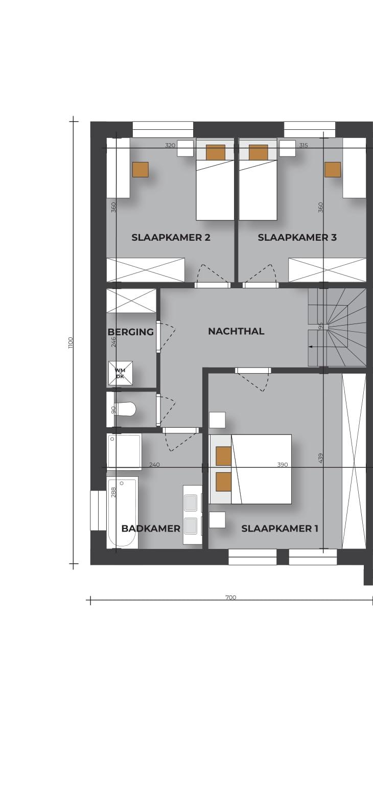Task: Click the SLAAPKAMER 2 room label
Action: [x=171, y=238]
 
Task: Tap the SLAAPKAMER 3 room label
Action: [x=297, y=238]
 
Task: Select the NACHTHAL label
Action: [x=236, y=331]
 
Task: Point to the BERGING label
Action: [x=131, y=332]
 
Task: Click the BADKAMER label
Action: [x=151, y=528]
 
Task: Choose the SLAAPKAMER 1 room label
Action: [x=279, y=528]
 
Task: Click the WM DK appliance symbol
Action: [x=121, y=373]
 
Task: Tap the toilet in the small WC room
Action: [x=124, y=409]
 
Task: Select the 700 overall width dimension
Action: [x=231, y=597]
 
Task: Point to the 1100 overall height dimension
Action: [x=71, y=342]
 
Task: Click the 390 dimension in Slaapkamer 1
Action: [x=283, y=465]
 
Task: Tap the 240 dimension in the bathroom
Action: [x=154, y=465]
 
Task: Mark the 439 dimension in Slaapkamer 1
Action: [x=321, y=457]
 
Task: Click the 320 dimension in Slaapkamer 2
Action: [x=170, y=146]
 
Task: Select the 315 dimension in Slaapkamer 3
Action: [x=304, y=146]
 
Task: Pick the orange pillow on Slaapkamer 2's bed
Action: [x=216, y=152]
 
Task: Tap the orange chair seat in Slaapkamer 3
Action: [x=333, y=170]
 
